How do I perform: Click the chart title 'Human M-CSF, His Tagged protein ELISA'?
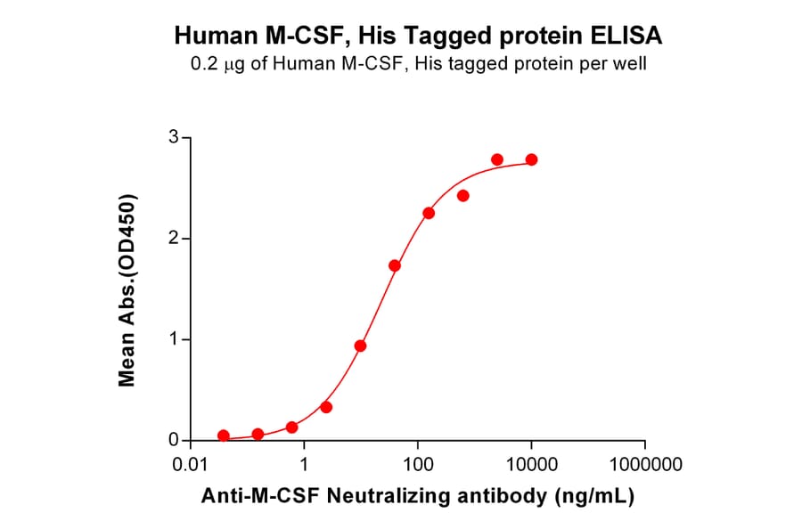coord(418,35)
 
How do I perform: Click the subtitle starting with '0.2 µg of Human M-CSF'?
coord(418,64)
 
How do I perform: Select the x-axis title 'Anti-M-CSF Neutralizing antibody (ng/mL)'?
coord(418,498)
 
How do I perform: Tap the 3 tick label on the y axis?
coord(174,137)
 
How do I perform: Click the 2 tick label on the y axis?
coord(174,239)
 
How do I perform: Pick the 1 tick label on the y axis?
coord(174,339)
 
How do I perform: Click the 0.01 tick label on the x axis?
coord(190,465)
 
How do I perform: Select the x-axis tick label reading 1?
coord(304,465)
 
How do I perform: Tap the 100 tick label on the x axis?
coord(418,465)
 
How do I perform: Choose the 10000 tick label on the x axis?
coord(531,465)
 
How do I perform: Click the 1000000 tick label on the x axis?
coord(645,465)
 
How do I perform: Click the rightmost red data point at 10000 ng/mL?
coord(531,159)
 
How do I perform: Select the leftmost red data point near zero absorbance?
coord(224,436)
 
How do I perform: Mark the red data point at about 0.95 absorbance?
coord(360,346)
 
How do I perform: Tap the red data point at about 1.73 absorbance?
coord(395,265)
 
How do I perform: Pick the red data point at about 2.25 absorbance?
coord(429,213)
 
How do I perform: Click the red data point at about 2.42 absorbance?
coord(463,196)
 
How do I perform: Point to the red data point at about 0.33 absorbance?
coord(326,407)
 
